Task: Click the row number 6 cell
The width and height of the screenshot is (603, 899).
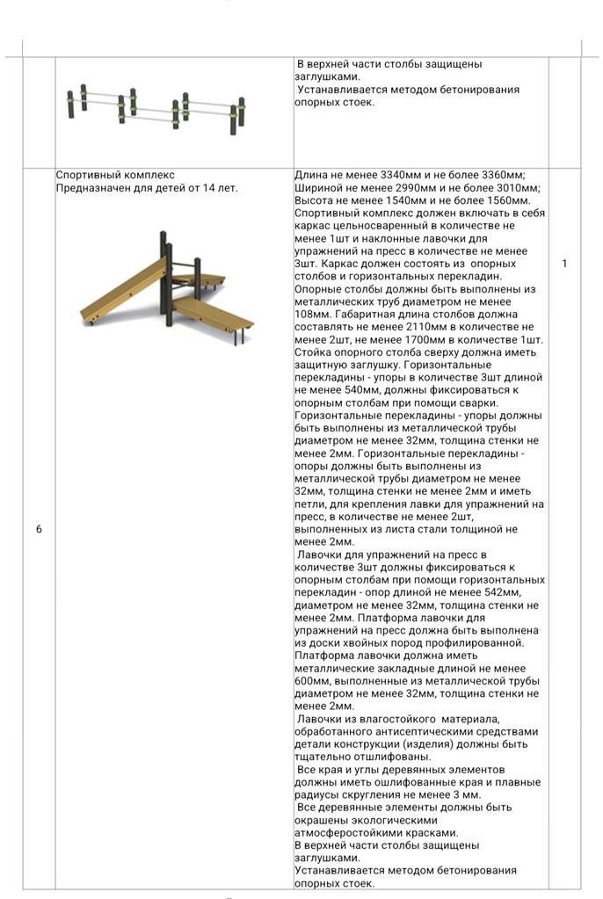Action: coord(39,529)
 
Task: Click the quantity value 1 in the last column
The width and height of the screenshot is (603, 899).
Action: coord(564,264)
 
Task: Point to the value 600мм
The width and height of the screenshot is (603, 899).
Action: coord(314,681)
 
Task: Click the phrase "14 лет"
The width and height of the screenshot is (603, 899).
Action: coord(220,187)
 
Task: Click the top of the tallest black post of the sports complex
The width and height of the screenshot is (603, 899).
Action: coord(163,235)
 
